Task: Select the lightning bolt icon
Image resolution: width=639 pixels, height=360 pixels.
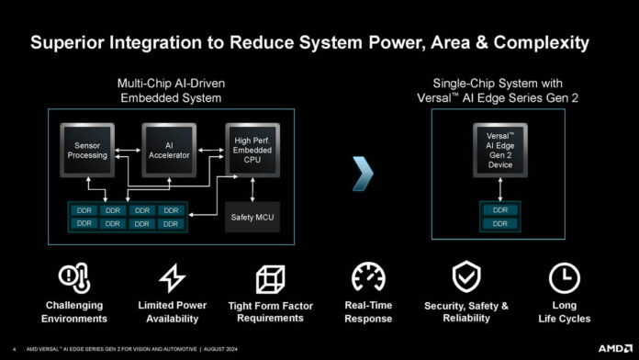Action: (x=173, y=276)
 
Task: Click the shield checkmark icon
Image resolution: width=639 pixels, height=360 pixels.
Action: (x=465, y=276)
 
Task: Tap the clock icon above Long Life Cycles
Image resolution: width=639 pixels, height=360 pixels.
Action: (x=565, y=276)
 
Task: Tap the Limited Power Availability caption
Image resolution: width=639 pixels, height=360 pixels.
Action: (x=173, y=311)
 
